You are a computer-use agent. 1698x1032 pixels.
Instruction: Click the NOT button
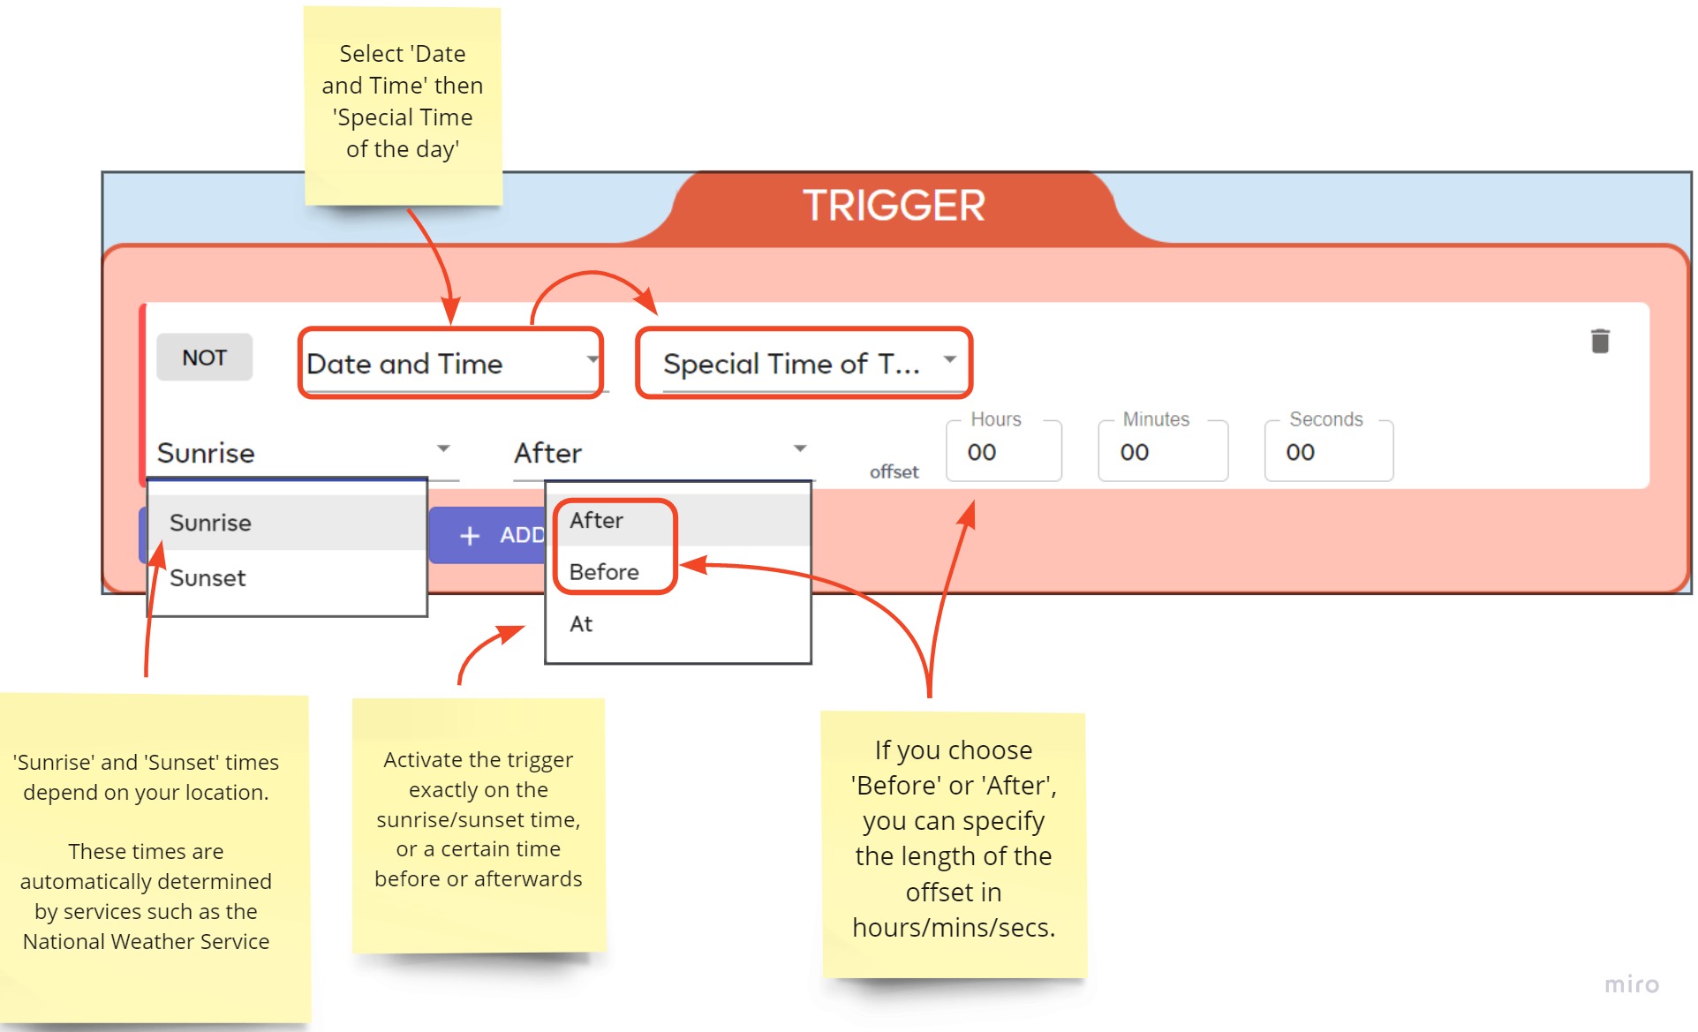click(204, 358)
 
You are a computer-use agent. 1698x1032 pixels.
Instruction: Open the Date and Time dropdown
click(451, 363)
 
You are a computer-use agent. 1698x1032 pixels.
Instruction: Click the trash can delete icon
click(1600, 341)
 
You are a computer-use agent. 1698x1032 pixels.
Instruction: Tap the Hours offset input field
click(1004, 451)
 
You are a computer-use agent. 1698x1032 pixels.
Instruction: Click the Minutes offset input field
click(1163, 451)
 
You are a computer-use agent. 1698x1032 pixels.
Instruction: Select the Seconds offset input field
click(1329, 451)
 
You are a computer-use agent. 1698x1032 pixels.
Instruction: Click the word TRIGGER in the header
click(894, 206)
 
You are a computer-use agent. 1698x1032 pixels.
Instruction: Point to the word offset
click(894, 471)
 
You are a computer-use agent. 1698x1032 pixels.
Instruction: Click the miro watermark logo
click(1632, 984)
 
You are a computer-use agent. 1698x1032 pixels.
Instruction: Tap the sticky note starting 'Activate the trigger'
click(479, 826)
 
